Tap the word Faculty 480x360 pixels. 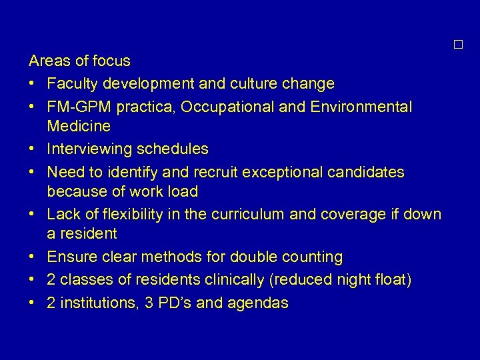click(71, 84)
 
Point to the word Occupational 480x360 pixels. click(229, 107)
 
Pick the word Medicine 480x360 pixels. click(79, 126)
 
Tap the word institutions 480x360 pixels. click(95, 303)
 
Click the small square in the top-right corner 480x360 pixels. click(457, 45)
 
